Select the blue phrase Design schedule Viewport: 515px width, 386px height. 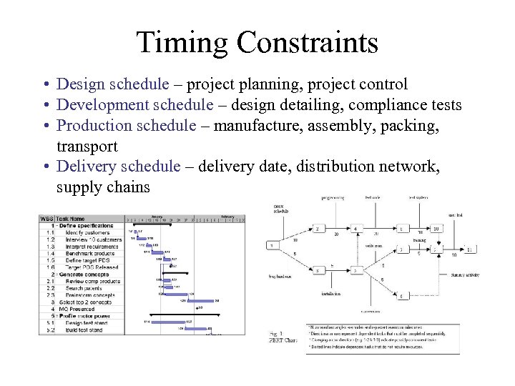(x=113, y=84)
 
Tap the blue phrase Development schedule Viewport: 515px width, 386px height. (x=134, y=105)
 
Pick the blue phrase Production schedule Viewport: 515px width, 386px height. (x=126, y=126)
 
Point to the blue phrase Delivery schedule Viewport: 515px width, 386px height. (x=119, y=167)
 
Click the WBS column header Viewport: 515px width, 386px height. (x=46, y=219)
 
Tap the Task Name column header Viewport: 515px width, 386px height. (x=72, y=219)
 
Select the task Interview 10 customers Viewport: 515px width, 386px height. (x=92, y=239)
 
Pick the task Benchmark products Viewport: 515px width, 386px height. (x=90, y=252)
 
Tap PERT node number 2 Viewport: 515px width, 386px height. (x=317, y=229)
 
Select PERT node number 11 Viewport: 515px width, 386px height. (x=469, y=249)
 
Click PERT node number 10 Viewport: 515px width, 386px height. (x=435, y=229)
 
